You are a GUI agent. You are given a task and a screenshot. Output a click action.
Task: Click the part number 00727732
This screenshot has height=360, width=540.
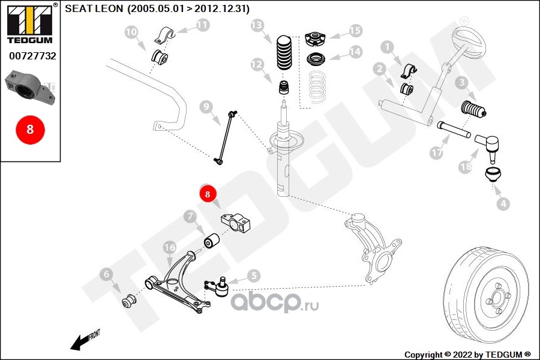click(x=32, y=56)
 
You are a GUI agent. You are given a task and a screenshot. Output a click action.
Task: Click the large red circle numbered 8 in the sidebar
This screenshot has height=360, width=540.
click(x=30, y=130)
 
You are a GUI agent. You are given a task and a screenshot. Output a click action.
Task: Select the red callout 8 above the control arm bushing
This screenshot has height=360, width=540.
click(x=208, y=194)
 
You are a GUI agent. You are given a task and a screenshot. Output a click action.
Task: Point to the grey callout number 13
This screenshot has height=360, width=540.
click(x=257, y=25)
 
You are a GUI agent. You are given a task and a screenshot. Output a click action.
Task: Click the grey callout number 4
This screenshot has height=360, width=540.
click(x=503, y=204)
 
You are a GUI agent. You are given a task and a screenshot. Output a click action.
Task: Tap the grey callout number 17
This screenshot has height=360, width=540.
click(x=436, y=152)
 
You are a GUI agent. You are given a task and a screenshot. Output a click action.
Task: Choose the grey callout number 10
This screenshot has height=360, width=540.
click(x=131, y=32)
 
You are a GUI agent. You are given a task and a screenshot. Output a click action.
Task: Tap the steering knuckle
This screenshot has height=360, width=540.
click(x=373, y=248)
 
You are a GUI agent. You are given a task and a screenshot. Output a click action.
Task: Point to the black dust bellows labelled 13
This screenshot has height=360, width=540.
click(x=284, y=52)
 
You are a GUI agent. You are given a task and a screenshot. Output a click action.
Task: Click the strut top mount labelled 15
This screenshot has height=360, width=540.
click(x=316, y=39)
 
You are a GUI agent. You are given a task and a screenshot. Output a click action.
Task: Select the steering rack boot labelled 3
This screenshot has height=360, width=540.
click(x=473, y=109)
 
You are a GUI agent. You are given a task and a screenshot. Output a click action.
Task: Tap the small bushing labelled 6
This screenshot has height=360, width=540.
click(x=130, y=301)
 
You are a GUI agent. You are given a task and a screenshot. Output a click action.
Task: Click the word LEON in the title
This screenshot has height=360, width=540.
click(x=109, y=8)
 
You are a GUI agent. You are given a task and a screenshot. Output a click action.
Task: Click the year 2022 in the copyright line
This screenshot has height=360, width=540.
click(x=463, y=355)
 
